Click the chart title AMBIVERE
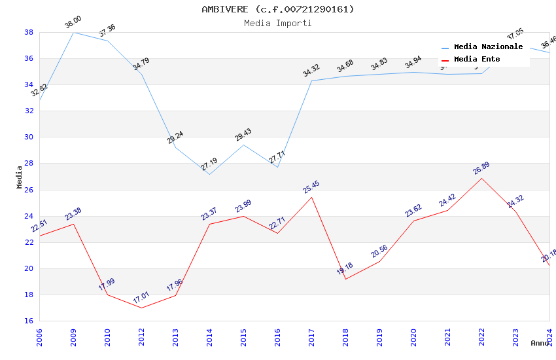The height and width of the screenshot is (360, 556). coord(277,9)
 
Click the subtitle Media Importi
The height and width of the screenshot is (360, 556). coord(277,23)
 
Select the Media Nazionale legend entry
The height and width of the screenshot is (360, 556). coord(488,47)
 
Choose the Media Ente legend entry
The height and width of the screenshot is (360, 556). coord(477,60)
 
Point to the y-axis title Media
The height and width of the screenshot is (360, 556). coord(20,177)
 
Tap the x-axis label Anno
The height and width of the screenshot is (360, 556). coord(540,343)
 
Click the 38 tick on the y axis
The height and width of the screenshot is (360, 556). coord(29,32)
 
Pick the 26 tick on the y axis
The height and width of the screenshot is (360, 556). coord(29,190)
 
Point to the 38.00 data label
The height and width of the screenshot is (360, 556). coord(73,24)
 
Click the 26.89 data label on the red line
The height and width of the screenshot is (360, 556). coord(481,169)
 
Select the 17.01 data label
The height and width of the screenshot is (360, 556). coord(141,298)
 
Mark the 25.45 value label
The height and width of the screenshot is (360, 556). coord(311,188)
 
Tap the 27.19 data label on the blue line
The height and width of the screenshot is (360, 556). coord(209,164)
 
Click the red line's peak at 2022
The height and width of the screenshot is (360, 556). coord(481,178)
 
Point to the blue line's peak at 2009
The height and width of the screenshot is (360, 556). coord(73,32)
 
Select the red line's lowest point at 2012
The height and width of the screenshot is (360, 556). coord(141,308)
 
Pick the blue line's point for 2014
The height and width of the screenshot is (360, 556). coord(209,174)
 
